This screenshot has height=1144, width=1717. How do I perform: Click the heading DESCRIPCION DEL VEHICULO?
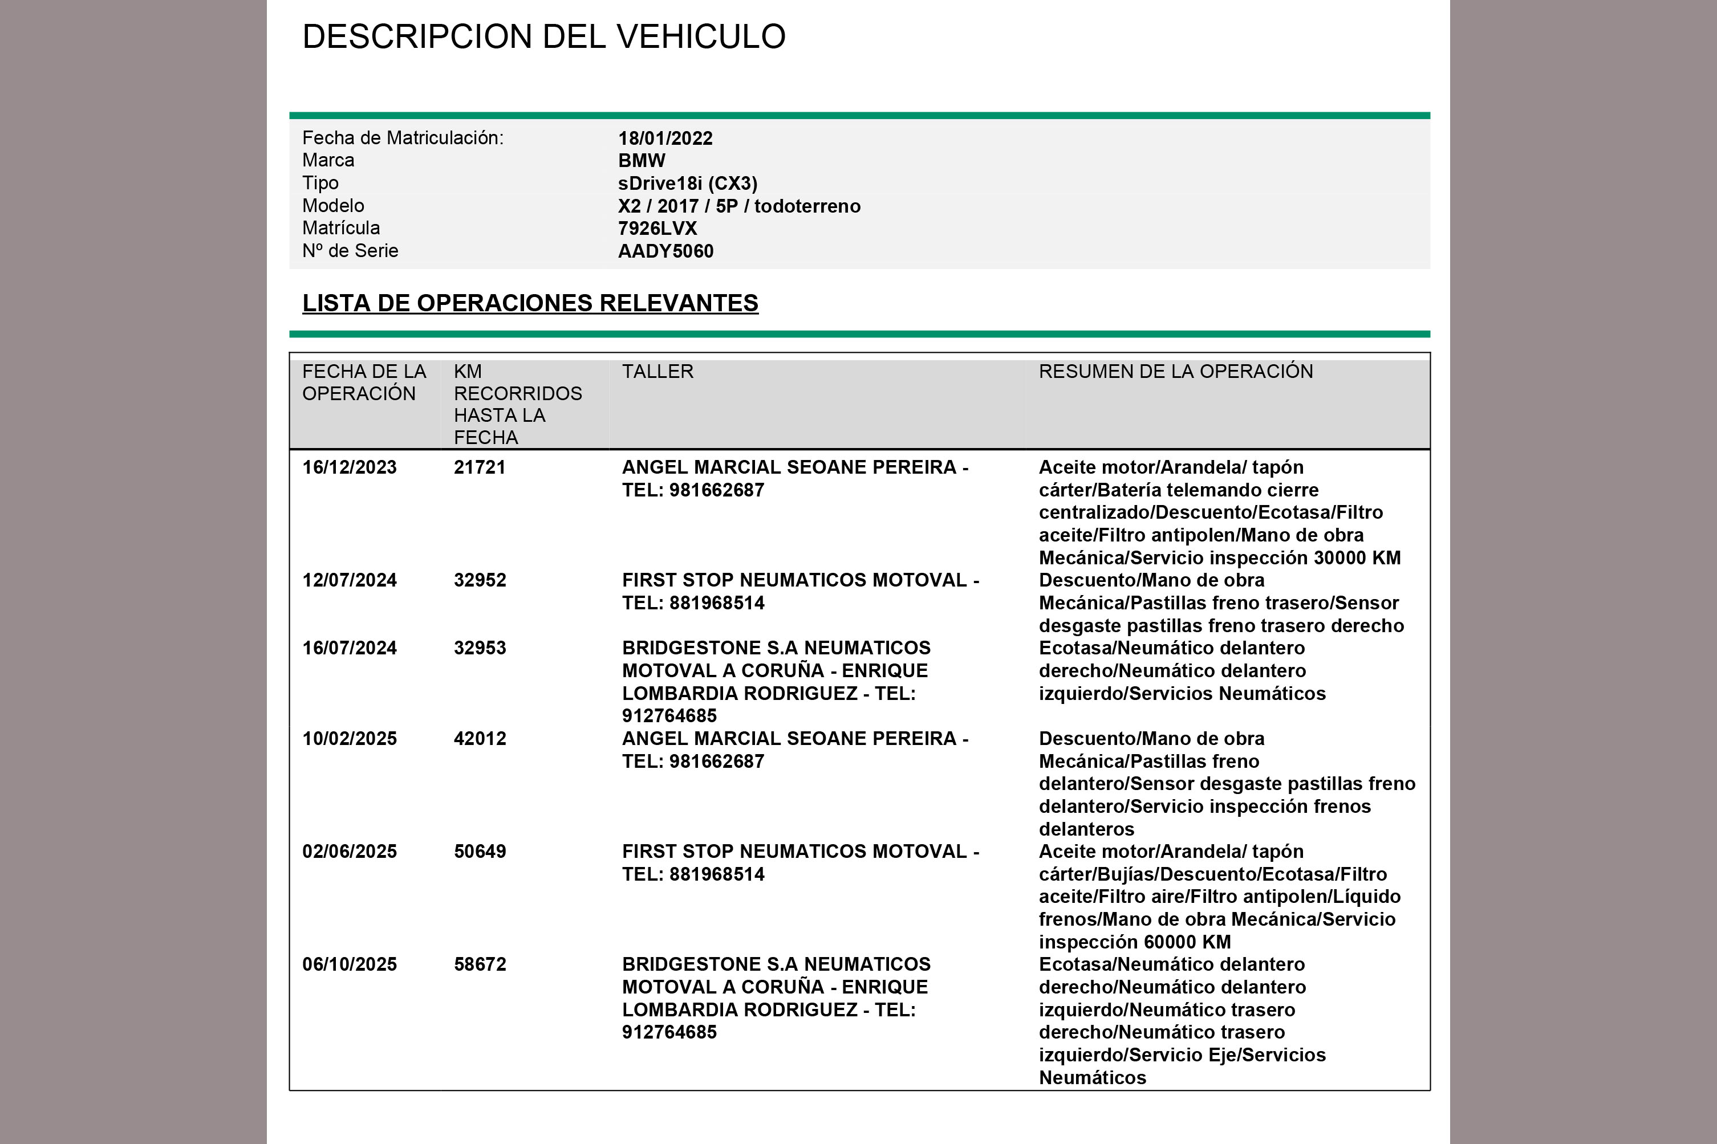coord(543,36)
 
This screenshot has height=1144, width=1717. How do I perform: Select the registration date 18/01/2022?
coord(665,139)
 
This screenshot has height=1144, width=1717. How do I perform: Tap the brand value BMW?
coord(642,161)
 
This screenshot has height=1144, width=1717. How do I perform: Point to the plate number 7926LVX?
coord(657,229)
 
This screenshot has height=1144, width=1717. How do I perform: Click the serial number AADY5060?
coord(665,251)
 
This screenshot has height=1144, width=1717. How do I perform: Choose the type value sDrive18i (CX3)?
coord(687,183)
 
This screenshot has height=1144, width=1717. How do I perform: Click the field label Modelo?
coord(333,206)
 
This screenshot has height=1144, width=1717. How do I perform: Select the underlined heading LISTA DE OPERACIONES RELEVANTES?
coord(530,303)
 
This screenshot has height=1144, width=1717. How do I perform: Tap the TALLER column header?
coord(657,372)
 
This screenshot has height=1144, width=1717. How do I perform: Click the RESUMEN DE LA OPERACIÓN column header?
coord(1176,372)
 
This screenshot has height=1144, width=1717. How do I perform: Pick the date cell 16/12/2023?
coord(350,467)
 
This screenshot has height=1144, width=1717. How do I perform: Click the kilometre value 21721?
coord(480,467)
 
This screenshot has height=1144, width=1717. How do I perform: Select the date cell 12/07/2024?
coord(350,581)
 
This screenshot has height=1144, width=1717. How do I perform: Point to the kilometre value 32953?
coord(480,648)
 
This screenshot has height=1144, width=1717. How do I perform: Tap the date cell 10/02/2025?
coord(350,738)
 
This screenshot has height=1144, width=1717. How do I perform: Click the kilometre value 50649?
coord(480,852)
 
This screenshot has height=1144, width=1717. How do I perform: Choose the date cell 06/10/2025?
coord(350,964)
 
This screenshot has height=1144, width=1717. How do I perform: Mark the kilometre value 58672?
coord(480,964)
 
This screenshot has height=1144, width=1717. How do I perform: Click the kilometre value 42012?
coord(480,738)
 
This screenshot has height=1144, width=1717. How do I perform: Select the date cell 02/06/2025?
coord(350,852)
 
